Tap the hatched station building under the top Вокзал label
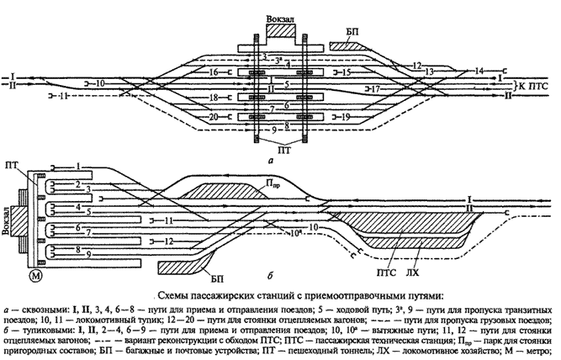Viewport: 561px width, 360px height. click(282, 32)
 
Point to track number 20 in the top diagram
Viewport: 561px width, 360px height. click(214, 117)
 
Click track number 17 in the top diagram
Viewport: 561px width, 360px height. click(375, 87)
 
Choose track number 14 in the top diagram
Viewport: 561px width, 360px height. click(479, 70)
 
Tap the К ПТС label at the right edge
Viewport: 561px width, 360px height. click(535, 87)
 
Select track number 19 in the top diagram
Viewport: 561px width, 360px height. click(346, 117)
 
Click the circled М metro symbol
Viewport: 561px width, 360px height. click(36, 277)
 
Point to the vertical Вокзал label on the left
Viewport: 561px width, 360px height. click(8, 222)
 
